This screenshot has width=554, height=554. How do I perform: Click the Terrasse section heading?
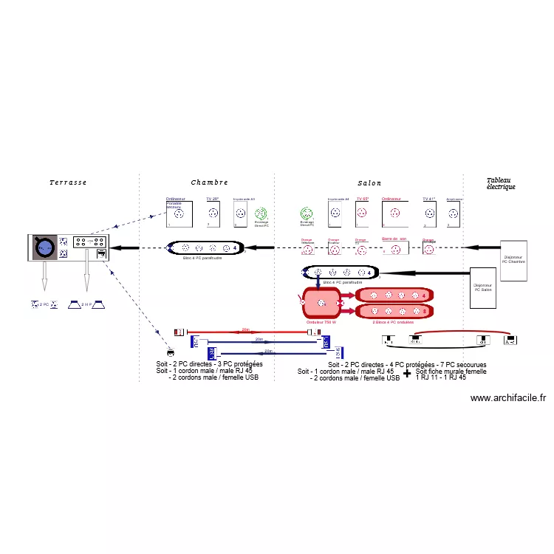(69, 182)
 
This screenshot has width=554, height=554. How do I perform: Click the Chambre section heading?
(210, 182)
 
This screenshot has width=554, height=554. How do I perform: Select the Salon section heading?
(370, 183)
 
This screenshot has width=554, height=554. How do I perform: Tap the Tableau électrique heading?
(501, 184)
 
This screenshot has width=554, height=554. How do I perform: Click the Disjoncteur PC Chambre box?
(513, 260)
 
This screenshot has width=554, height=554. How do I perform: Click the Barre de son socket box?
(394, 247)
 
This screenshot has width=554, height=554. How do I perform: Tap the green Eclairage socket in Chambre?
(261, 213)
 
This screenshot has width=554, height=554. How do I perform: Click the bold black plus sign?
(407, 374)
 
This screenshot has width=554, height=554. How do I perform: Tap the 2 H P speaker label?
(86, 304)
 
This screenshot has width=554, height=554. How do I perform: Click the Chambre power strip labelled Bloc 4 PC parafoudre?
(203, 248)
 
